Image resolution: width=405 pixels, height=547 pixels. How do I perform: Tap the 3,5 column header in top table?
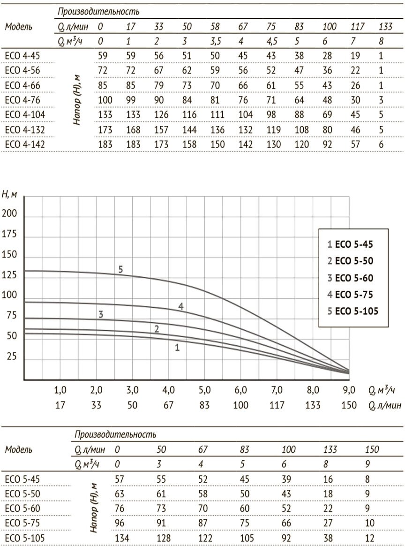click(216, 41)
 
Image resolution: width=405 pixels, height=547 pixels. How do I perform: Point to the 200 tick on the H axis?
click(10, 214)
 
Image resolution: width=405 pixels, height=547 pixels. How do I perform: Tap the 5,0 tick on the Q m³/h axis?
click(205, 390)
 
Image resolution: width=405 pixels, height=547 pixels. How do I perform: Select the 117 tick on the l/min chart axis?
click(277, 405)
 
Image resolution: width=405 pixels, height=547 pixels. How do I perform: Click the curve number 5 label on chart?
click(120, 269)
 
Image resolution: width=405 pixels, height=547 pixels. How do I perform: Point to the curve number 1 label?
click(177, 347)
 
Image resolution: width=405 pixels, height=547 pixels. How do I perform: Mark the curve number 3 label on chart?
click(101, 314)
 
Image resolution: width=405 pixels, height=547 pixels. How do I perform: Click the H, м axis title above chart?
click(10, 194)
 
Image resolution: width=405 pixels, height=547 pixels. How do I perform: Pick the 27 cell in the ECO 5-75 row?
click(330, 521)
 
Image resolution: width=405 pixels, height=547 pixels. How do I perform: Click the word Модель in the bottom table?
click(19, 450)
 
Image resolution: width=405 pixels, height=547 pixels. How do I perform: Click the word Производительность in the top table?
click(98, 12)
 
